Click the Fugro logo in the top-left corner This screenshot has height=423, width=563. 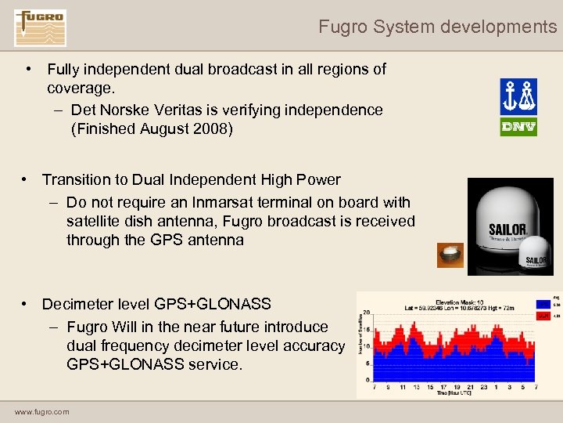pos(40,28)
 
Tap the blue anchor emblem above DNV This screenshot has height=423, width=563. pos(518,96)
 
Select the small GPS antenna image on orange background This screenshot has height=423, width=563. pos(450,255)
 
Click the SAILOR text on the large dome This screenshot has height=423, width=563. pos(507,230)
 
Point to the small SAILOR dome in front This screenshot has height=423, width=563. pos(536,259)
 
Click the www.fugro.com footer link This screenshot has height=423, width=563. pos(41,412)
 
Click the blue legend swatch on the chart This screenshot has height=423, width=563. pos(542,304)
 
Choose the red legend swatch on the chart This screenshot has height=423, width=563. pos(542,316)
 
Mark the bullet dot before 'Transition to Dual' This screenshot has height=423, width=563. pos(27,180)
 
